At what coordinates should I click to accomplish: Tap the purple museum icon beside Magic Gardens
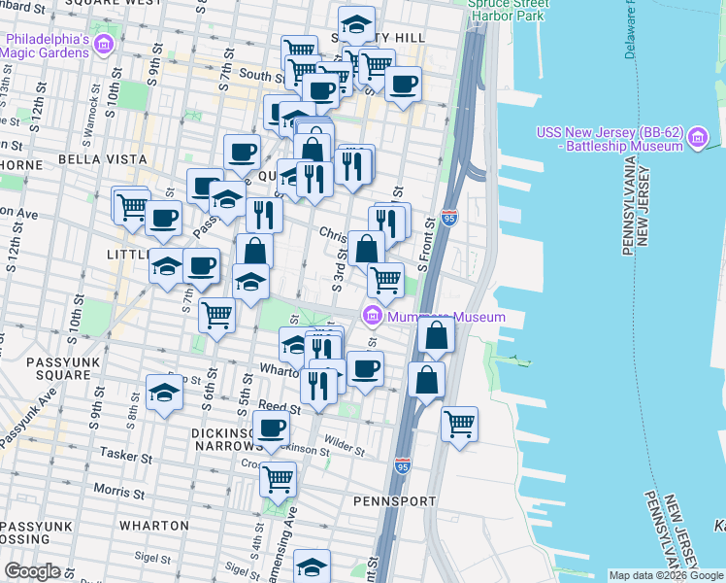[x=104, y=45]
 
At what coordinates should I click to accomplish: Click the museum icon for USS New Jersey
[x=696, y=139]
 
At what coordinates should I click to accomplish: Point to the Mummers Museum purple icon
[x=371, y=316]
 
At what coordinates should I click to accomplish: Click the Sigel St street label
[x=152, y=558]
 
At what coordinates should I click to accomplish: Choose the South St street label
[x=261, y=74]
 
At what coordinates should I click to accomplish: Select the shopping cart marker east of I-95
[x=459, y=422]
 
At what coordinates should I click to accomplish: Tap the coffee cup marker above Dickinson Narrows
[x=272, y=427]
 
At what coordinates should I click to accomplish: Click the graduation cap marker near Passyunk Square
[x=164, y=393]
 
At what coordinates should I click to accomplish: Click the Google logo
[x=32, y=571]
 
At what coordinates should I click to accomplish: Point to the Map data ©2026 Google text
[x=666, y=575]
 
